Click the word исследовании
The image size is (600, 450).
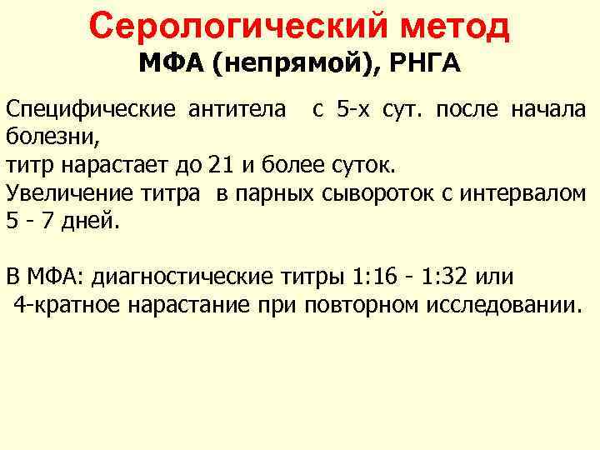[503, 305]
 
